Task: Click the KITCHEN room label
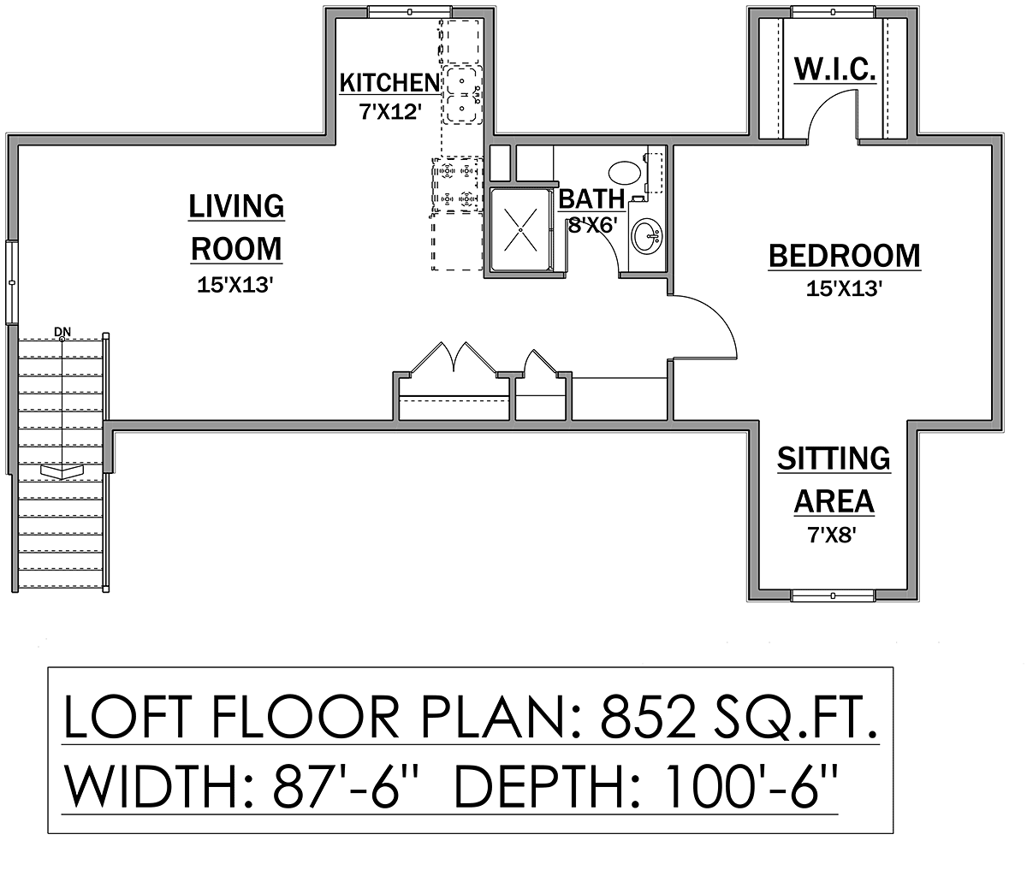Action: pos(389,82)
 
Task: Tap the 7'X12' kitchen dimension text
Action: pos(390,112)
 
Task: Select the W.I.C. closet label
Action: pos(834,69)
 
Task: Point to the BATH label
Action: pos(591,198)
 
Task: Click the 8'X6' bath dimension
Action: pos(593,226)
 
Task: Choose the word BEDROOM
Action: pos(844,256)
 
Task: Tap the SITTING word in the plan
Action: pos(834,459)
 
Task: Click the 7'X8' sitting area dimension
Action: pos(832,536)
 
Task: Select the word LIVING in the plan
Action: pos(236,206)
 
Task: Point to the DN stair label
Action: pos(62,332)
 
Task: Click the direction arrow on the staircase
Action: pos(62,471)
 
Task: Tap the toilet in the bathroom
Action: pos(625,172)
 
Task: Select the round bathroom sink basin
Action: pos(647,236)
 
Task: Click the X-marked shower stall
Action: pos(520,230)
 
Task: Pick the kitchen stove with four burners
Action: pos(457,184)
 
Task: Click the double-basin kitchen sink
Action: pos(462,94)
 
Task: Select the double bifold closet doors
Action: pos(453,358)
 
